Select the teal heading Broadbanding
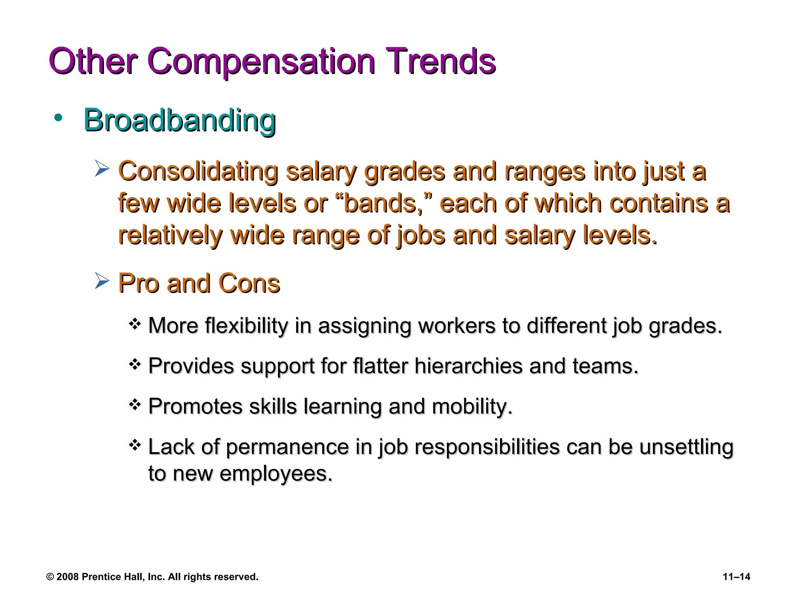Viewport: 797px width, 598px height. [179, 121]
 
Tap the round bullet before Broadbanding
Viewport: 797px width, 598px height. [58, 118]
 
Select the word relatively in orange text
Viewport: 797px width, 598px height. [170, 235]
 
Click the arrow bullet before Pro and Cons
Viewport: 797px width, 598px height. [102, 281]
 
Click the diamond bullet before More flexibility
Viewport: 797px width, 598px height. [135, 324]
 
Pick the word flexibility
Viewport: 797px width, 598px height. [246, 326]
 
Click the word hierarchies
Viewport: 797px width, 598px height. [468, 366]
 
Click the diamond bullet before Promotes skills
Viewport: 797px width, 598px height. [135, 405]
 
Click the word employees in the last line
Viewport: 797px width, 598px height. [276, 474]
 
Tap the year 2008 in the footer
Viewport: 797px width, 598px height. [68, 577]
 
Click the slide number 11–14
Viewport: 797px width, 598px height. [736, 577]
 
